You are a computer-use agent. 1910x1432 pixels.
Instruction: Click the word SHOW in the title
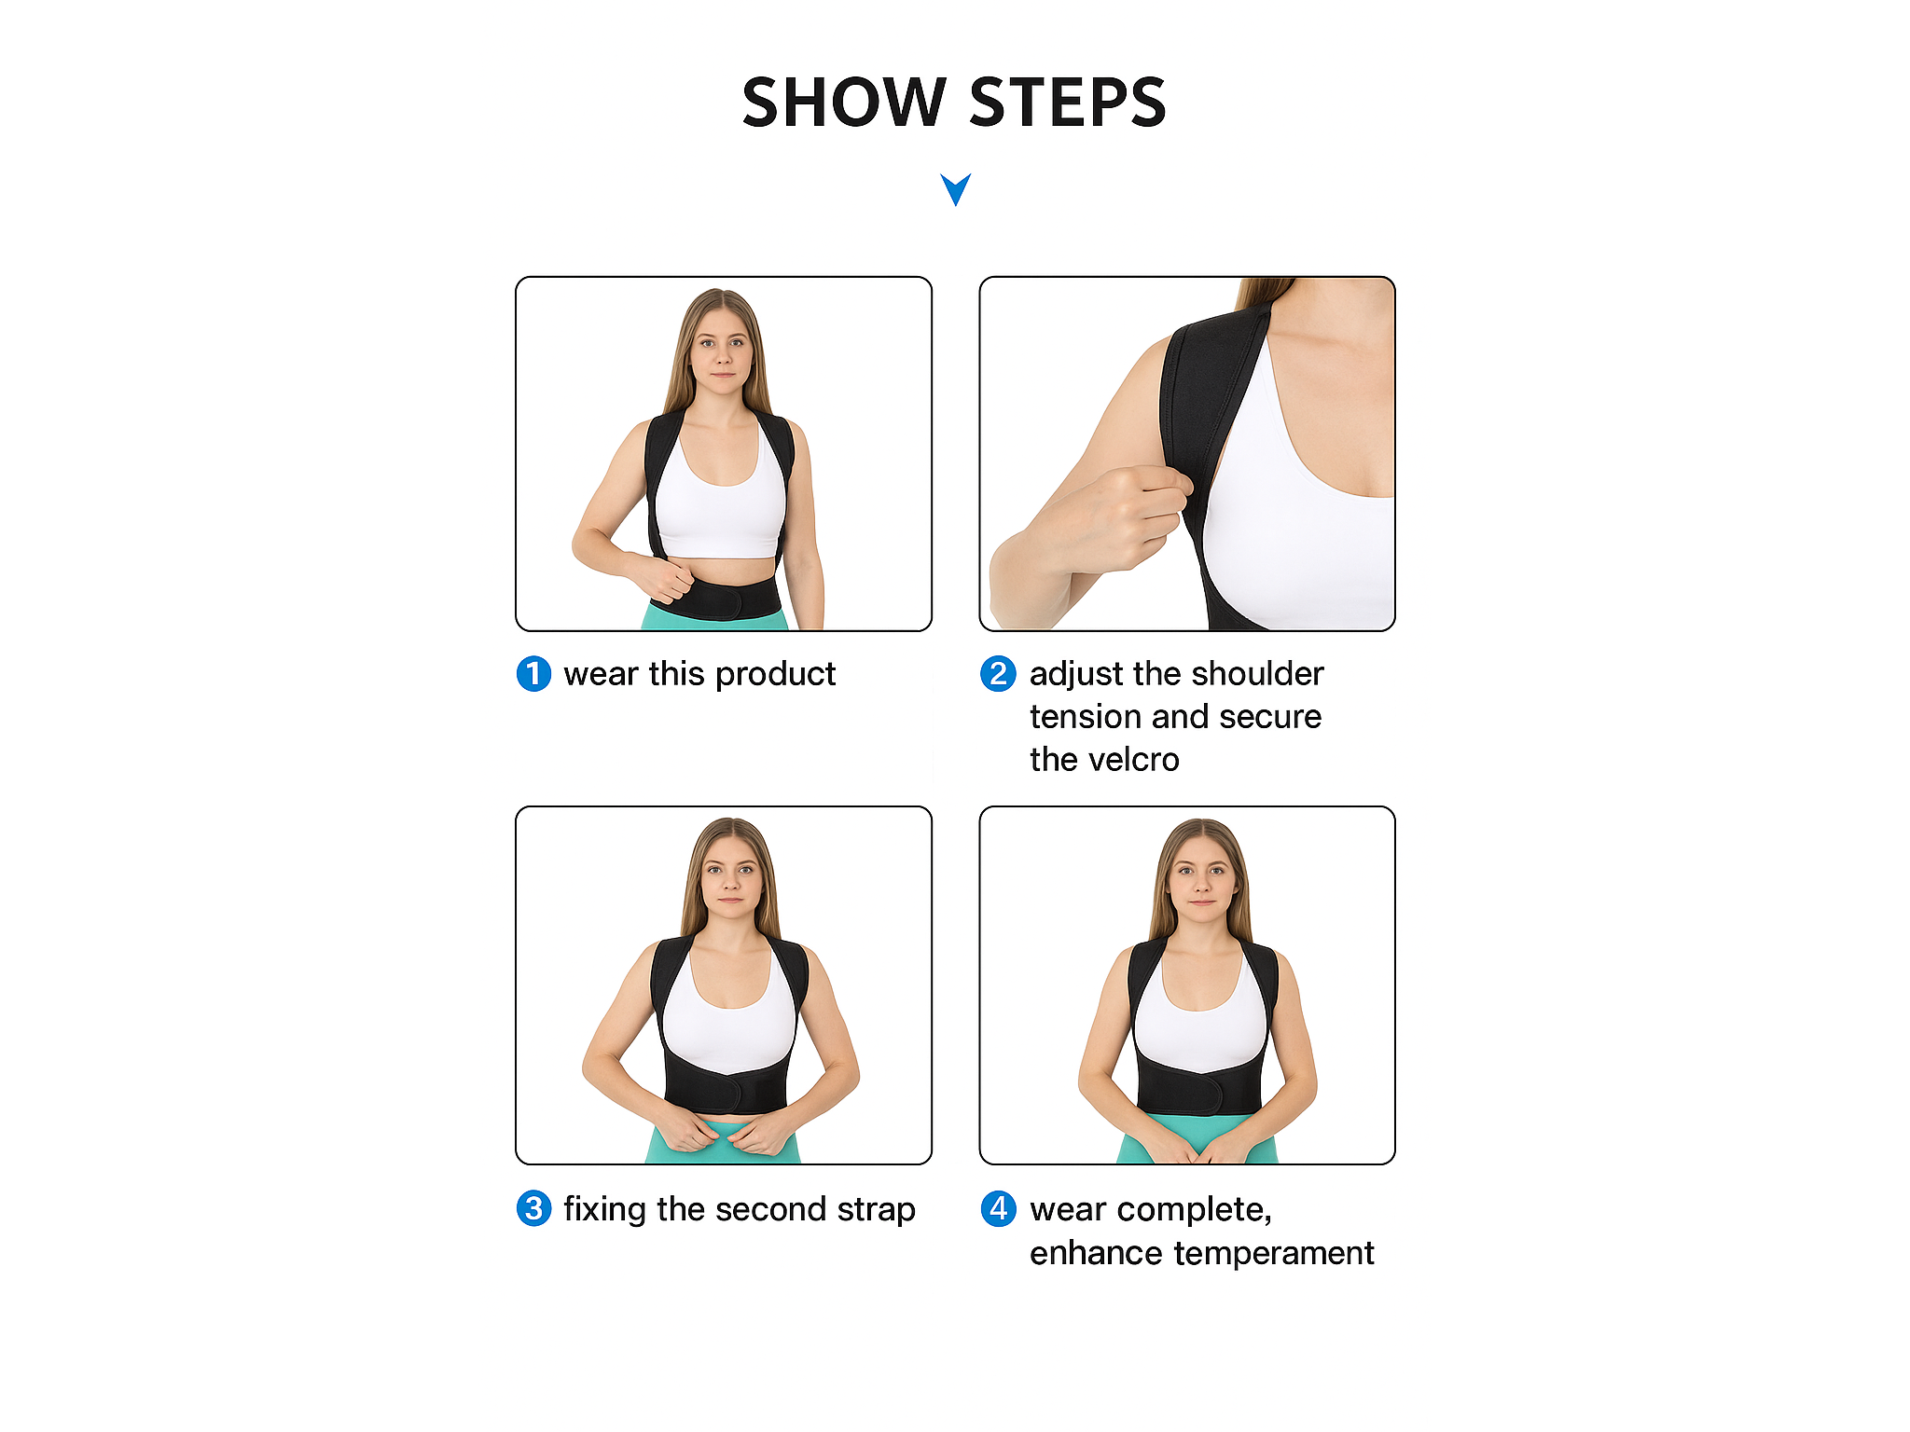844,102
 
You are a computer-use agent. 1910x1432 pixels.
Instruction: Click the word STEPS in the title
1069,102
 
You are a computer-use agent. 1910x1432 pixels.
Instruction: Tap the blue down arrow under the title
956,189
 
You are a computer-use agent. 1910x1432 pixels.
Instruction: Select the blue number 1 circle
533,673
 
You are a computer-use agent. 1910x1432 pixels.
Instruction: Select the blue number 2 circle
998,673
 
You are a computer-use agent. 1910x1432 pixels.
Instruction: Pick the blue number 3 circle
533,1208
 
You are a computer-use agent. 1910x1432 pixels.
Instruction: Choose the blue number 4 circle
998,1208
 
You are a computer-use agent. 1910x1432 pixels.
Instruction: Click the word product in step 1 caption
775,675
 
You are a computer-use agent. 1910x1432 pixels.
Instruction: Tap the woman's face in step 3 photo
731,876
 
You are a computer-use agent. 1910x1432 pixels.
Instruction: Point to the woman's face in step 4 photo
1202,877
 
